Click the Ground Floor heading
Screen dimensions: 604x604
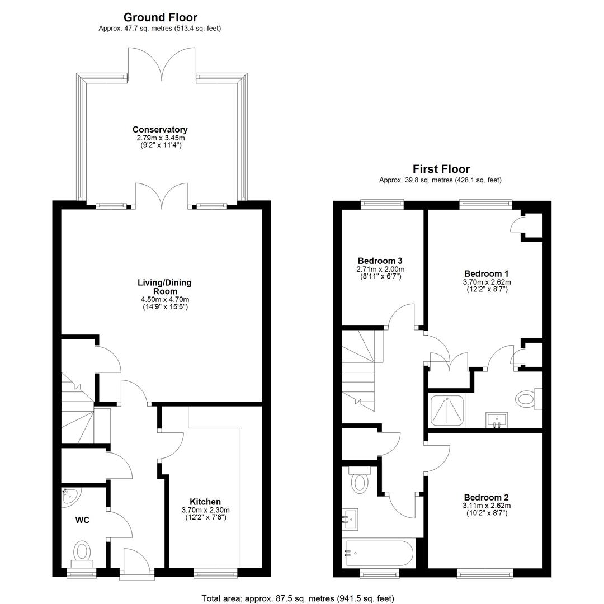tap(161, 17)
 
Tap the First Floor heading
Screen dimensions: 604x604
tap(441, 169)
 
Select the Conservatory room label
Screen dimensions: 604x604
tap(160, 129)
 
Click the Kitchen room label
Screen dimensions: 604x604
tap(205, 502)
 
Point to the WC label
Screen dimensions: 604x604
tap(82, 520)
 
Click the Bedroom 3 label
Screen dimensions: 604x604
tap(380, 261)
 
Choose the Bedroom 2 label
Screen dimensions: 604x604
tap(486, 497)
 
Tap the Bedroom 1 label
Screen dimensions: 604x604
tap(486, 273)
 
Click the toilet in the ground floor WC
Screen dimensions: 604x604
tap(82, 554)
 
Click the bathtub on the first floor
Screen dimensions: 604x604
tap(379, 553)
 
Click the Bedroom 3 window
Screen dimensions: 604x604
tap(382, 204)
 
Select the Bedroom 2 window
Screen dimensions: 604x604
tap(485, 574)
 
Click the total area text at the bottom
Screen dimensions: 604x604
tap(298, 598)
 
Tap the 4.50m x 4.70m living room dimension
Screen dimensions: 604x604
tap(165, 299)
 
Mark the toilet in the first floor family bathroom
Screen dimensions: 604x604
tap(360, 480)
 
